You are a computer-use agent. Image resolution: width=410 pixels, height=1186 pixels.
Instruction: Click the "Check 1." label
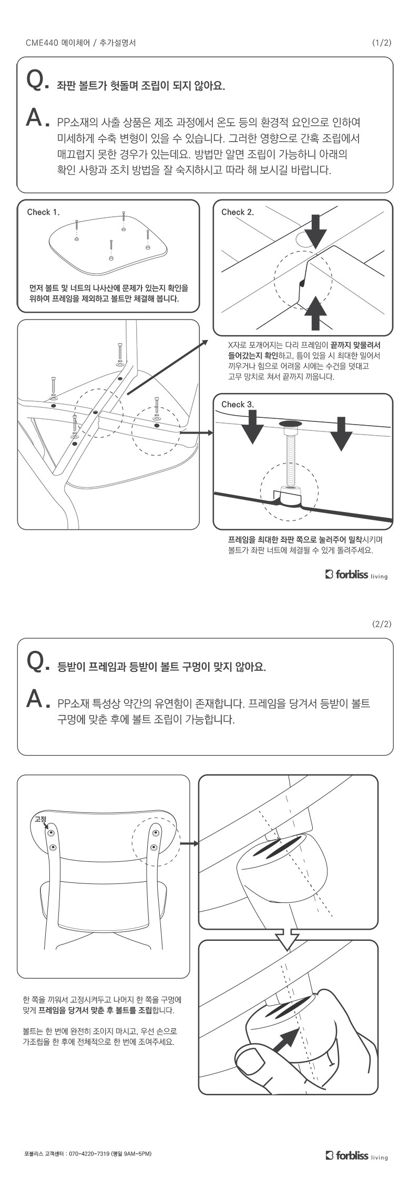pos(43,213)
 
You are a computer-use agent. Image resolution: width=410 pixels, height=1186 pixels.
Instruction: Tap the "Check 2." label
pos(238,213)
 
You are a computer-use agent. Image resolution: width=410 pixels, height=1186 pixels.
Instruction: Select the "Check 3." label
pos(238,405)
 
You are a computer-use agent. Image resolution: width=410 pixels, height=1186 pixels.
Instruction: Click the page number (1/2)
pos(382,43)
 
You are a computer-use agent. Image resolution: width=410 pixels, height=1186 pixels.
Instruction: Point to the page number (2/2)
pos(382,625)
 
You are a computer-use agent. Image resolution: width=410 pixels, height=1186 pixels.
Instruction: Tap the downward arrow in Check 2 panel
pos(315,231)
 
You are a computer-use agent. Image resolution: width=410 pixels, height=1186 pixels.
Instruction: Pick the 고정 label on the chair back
pos(40,819)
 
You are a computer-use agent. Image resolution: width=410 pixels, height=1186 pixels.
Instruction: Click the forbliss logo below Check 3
pos(356,574)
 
